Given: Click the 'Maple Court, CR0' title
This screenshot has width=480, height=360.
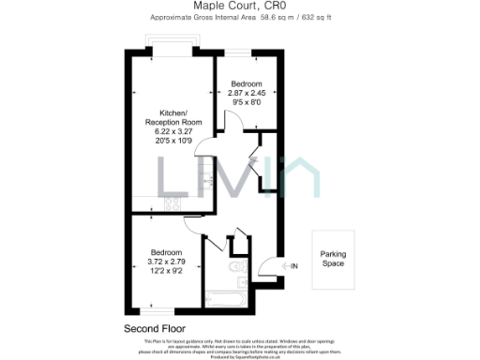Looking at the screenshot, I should [239, 6].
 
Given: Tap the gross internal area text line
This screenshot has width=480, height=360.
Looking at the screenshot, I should [239, 18].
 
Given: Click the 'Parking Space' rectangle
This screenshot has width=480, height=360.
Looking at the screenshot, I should [334, 259].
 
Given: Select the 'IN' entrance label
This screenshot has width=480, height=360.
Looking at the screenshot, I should [293, 266].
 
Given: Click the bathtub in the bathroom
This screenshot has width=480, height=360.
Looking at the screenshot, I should [225, 300].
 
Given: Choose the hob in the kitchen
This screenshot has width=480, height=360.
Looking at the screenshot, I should [172, 202].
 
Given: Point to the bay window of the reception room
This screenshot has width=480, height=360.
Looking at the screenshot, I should [171, 47].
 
